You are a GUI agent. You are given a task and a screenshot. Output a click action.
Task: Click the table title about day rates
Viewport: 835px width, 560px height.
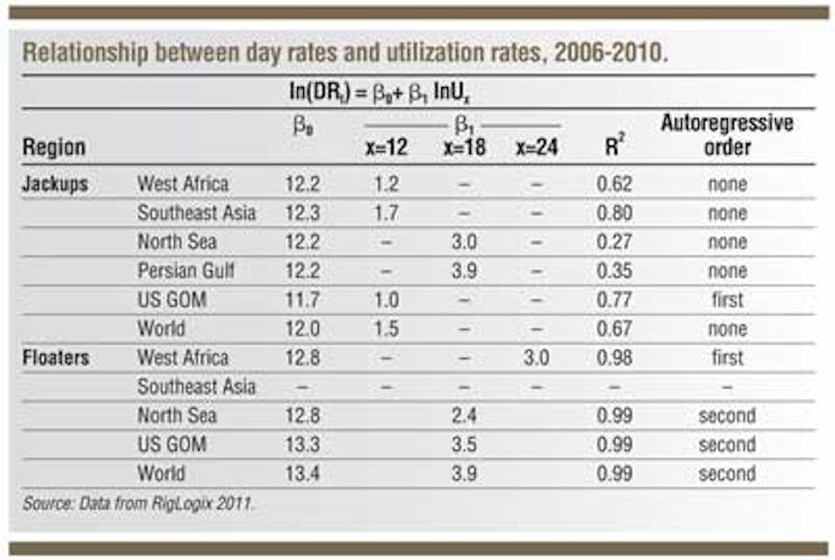click(345, 53)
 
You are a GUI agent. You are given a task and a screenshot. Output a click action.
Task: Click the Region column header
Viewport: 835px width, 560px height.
click(54, 147)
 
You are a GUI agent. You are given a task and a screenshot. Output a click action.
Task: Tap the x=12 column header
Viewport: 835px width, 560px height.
click(387, 148)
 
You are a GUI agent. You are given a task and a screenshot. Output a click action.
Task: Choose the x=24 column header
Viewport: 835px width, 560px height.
click(537, 148)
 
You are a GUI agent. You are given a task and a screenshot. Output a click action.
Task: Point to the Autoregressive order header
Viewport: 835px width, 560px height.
click(726, 135)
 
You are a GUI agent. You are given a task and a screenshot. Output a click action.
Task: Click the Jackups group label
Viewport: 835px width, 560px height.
click(55, 184)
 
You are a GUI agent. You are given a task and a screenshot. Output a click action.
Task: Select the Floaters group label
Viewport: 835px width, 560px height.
click(58, 358)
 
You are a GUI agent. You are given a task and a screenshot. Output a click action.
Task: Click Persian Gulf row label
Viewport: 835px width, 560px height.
click(185, 271)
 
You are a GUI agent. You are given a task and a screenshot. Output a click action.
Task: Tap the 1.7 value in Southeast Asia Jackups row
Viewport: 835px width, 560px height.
click(386, 213)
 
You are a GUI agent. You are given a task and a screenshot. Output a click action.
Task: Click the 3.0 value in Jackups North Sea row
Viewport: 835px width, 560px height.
click(465, 242)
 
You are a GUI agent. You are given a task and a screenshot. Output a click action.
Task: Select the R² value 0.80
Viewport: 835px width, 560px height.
click(614, 213)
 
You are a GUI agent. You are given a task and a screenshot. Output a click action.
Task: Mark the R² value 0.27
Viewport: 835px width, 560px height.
click(614, 242)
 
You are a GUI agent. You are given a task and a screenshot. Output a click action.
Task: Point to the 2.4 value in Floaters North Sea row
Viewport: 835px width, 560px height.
click(465, 416)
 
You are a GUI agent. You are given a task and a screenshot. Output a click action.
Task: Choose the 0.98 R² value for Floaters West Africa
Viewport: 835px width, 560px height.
click(614, 358)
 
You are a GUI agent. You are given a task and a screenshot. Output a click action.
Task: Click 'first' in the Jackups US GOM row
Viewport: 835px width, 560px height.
click(726, 300)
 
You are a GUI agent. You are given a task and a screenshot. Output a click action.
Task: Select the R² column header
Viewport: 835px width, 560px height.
click(614, 146)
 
